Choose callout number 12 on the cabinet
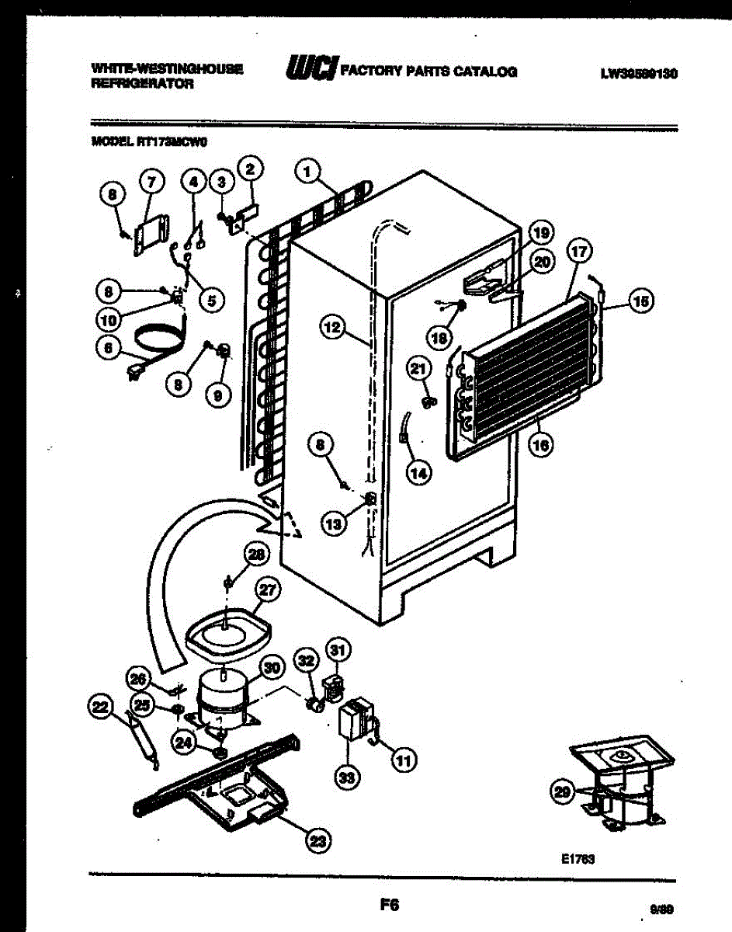coord(332,329)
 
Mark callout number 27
coord(267,591)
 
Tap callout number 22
coord(99,707)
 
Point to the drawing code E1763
coord(576,859)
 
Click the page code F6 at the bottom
coord(389,903)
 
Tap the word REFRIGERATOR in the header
coord(142,83)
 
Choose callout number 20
coord(542,263)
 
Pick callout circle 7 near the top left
coord(151,183)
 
